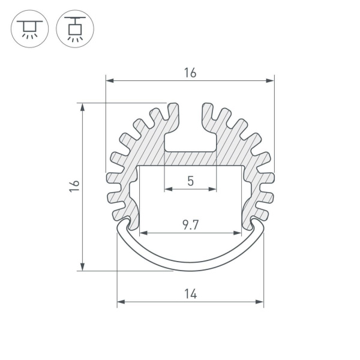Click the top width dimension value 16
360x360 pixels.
coord(190,73)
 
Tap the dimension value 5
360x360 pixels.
coord(190,180)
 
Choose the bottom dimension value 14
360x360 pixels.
coord(190,293)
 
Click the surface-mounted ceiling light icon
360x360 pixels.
coord(28,29)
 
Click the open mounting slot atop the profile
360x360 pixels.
coord(190,129)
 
